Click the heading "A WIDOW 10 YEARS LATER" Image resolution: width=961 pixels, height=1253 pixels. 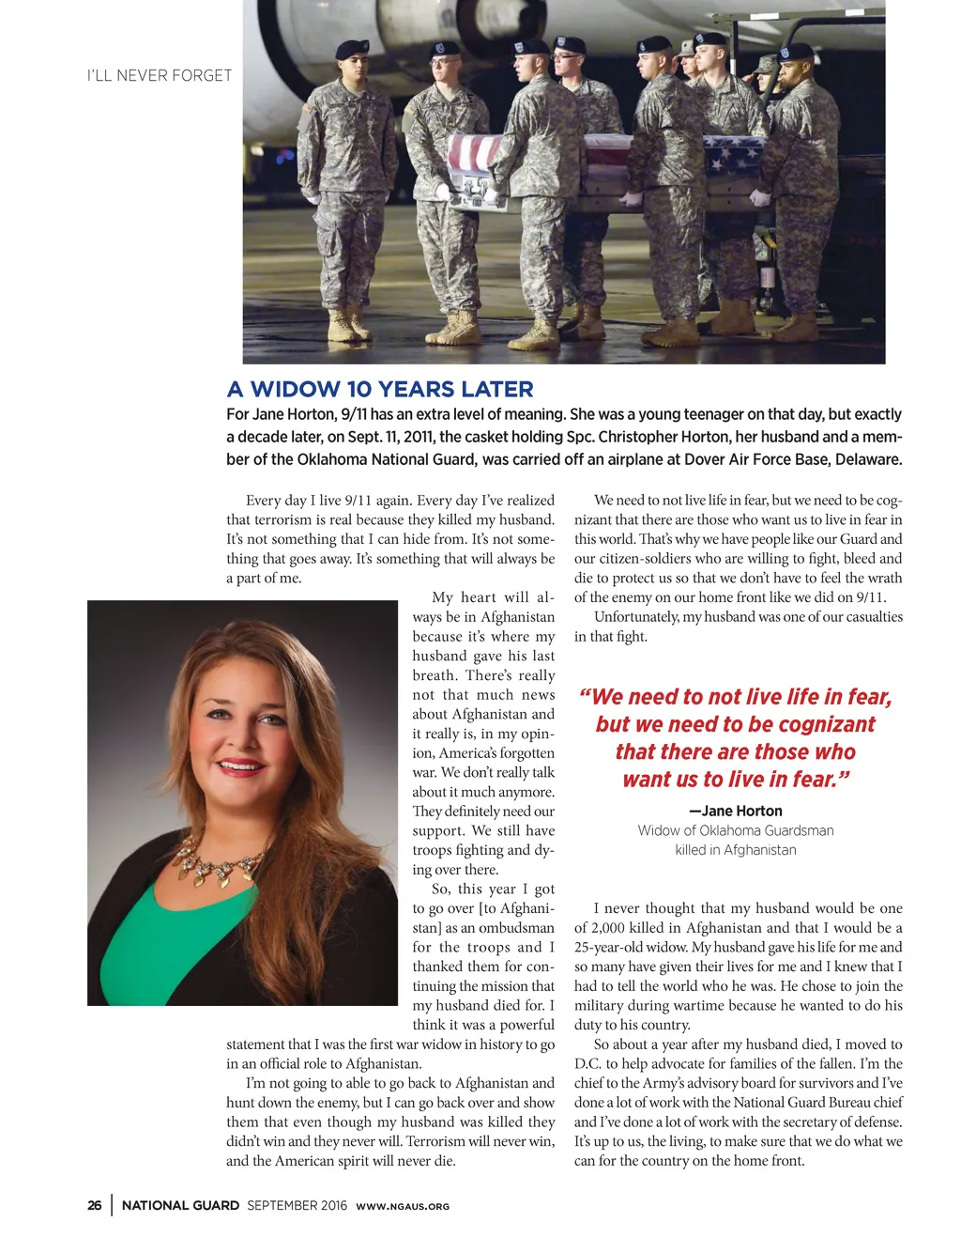point(380,390)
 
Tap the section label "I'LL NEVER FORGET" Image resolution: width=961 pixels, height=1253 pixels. point(160,76)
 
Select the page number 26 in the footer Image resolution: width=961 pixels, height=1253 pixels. point(95,1206)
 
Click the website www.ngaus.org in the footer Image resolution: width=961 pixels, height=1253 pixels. point(403,1207)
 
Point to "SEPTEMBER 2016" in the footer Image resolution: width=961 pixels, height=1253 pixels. point(297,1206)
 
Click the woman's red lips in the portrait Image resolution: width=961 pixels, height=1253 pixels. point(241,766)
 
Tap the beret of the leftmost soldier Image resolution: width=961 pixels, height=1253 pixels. point(352,49)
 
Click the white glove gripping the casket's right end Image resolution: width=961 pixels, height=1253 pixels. point(759,199)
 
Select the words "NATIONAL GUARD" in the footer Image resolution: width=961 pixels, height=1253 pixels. point(180,1206)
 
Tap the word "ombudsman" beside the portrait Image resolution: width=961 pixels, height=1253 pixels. point(516,928)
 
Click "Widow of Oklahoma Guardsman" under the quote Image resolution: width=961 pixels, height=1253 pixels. point(735,831)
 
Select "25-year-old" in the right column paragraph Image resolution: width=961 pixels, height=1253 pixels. point(612,948)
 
